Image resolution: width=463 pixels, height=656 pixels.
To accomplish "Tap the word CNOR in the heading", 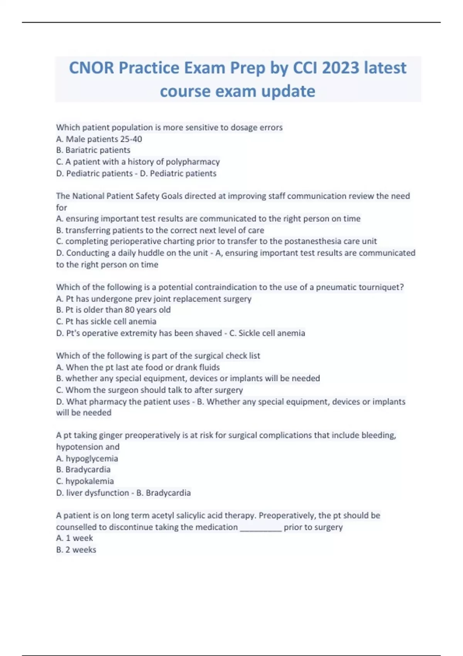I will point(91,68).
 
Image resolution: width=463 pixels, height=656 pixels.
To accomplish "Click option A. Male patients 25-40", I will point(99,139).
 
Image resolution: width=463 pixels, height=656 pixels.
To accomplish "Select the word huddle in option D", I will point(147,253).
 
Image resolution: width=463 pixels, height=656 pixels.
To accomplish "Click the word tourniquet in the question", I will point(381,287).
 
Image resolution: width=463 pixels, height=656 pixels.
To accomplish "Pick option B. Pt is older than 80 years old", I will point(113,310).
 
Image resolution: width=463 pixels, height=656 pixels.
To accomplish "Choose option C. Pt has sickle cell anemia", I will point(106,321).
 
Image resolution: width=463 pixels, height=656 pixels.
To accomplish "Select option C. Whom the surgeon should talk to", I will point(149,390).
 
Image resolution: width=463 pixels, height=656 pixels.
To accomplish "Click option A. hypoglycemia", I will point(87,458).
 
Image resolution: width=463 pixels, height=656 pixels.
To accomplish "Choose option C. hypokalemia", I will point(85,481).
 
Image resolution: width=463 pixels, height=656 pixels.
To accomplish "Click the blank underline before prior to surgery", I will point(260,528).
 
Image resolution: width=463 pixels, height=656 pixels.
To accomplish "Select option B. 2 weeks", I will point(76,550).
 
